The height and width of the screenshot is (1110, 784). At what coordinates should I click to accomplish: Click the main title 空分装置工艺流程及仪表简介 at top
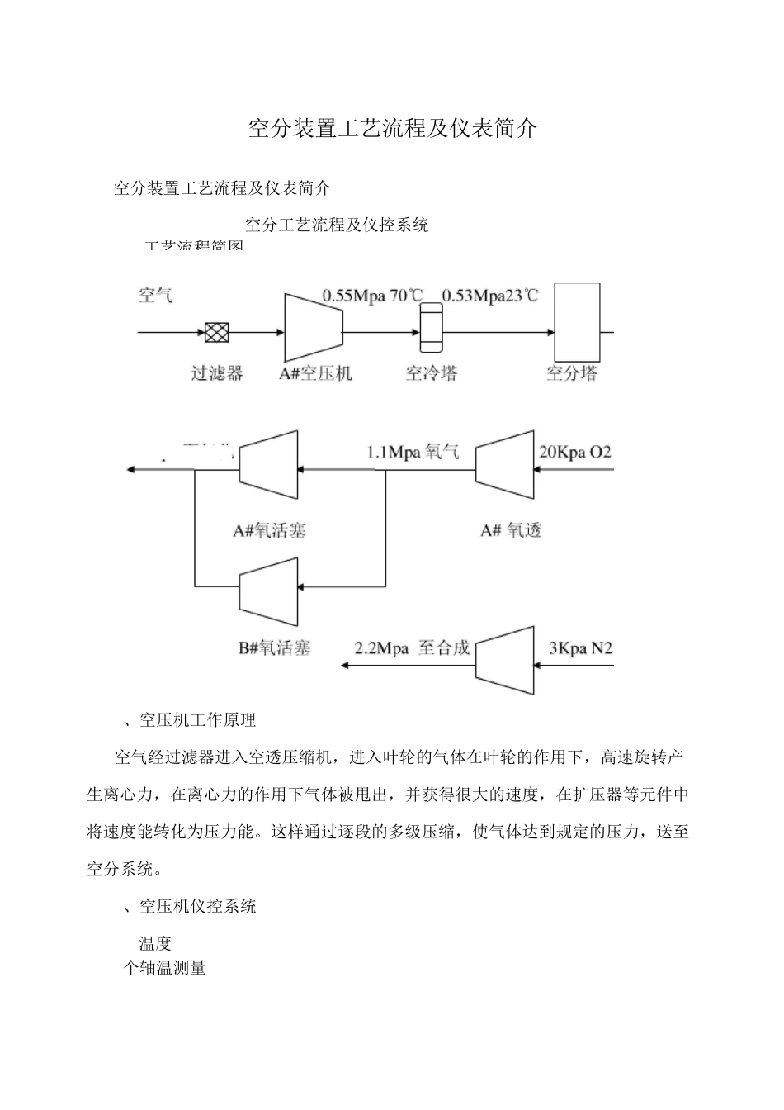pyautogui.click(x=393, y=128)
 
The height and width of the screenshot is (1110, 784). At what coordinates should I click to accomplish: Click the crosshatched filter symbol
pyautogui.click(x=217, y=333)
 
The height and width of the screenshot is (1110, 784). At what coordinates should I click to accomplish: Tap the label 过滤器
pyautogui.click(x=217, y=373)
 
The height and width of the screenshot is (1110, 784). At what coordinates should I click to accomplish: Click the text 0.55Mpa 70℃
pyautogui.click(x=372, y=296)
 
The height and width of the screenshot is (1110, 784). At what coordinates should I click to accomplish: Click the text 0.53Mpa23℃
pyautogui.click(x=490, y=296)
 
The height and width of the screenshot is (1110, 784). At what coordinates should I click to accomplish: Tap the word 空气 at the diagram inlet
pyautogui.click(x=155, y=295)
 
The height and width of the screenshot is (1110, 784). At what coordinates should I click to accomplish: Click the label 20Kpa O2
pyautogui.click(x=575, y=452)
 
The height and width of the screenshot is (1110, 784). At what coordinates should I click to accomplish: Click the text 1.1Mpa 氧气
pyautogui.click(x=413, y=452)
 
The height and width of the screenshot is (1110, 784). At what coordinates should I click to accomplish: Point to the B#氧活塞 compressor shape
pyautogui.click(x=269, y=591)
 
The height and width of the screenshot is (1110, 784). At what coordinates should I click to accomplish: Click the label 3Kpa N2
pyautogui.click(x=581, y=648)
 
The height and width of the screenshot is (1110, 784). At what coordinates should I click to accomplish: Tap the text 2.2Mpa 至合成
pyautogui.click(x=412, y=648)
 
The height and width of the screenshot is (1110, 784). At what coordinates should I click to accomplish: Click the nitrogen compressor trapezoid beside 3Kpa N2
pyautogui.click(x=505, y=660)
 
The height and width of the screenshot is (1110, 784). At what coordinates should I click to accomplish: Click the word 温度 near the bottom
pyautogui.click(x=155, y=943)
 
